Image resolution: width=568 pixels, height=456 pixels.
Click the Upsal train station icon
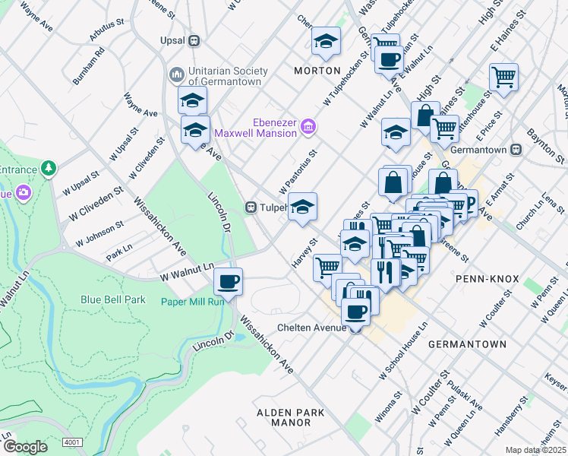coord(194,40)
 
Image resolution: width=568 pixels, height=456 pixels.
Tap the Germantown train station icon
coord(516,150)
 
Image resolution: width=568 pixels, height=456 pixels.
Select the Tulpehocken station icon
coord(250,207)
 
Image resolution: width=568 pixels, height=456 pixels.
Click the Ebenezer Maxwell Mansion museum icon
coord(308,125)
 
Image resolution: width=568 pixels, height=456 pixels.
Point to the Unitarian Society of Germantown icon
coord(176,74)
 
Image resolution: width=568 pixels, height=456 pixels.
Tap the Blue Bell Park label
coord(113,299)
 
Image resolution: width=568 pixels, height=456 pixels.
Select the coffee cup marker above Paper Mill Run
coord(228,282)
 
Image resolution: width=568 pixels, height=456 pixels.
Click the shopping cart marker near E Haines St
coord(503,77)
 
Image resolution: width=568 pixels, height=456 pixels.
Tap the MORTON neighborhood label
coord(317,71)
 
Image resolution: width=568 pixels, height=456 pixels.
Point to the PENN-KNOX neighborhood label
coord(487,280)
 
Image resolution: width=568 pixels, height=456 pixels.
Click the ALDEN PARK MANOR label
coord(290,417)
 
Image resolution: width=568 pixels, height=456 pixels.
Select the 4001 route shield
coord(73,442)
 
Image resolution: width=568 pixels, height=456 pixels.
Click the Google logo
coord(25,447)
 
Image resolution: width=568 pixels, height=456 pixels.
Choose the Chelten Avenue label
coord(311,328)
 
